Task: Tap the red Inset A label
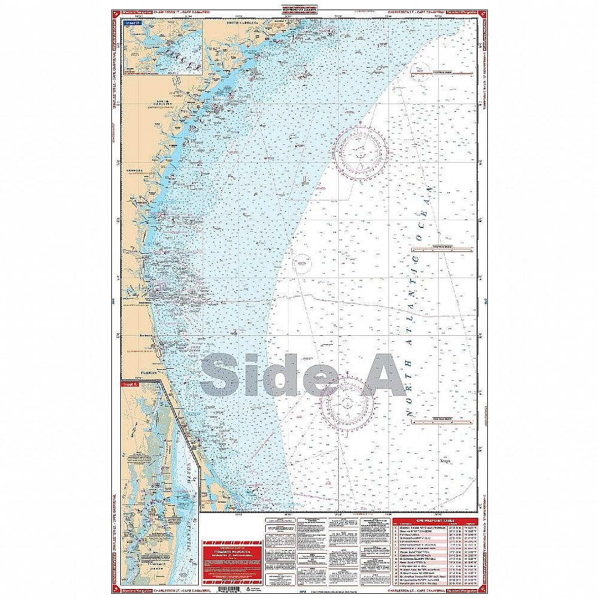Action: pyautogui.click(x=129, y=384)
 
